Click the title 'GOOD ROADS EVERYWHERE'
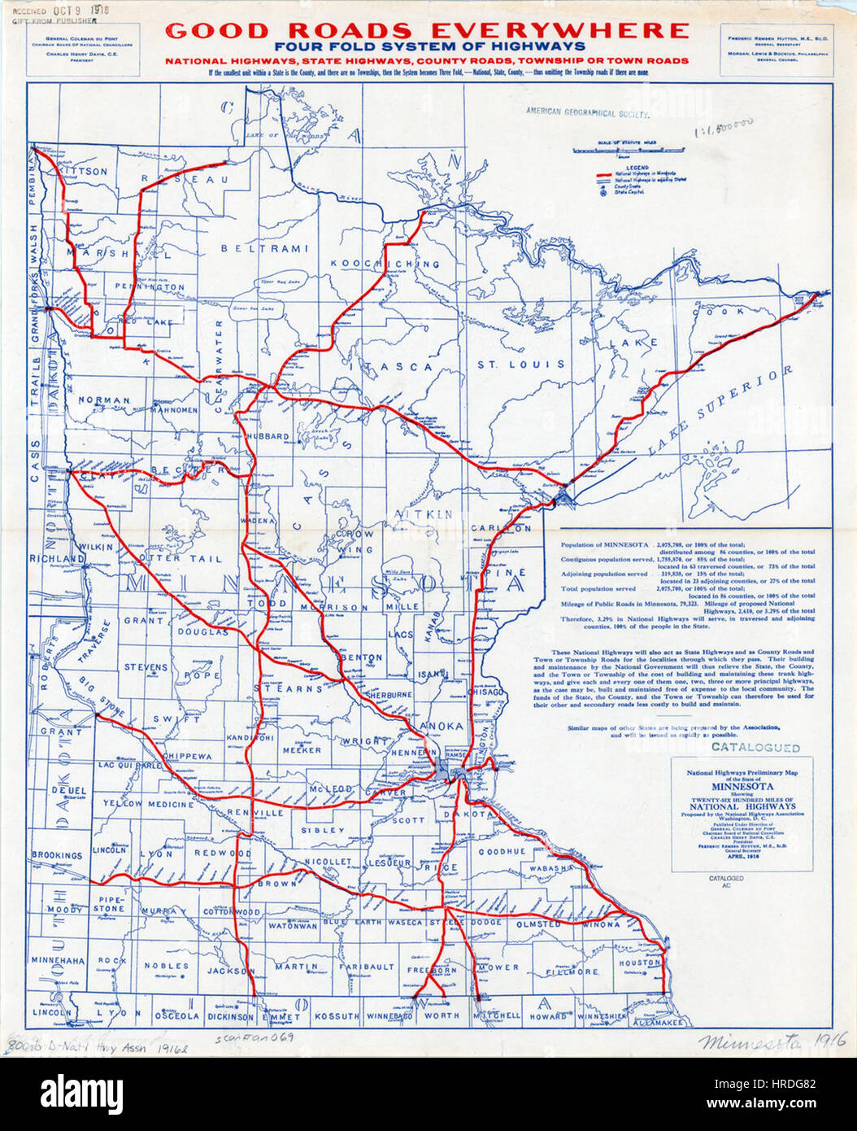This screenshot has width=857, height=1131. (427, 31)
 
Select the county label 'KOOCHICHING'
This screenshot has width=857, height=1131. (385, 264)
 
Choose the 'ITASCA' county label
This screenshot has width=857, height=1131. (398, 367)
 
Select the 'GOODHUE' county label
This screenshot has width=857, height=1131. (502, 851)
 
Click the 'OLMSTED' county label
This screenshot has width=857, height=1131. (538, 924)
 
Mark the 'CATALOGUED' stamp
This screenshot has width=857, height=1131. (755, 747)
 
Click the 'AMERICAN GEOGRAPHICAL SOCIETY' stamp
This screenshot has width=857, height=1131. (587, 113)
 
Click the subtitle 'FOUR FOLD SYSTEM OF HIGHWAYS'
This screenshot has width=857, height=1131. (429, 47)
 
